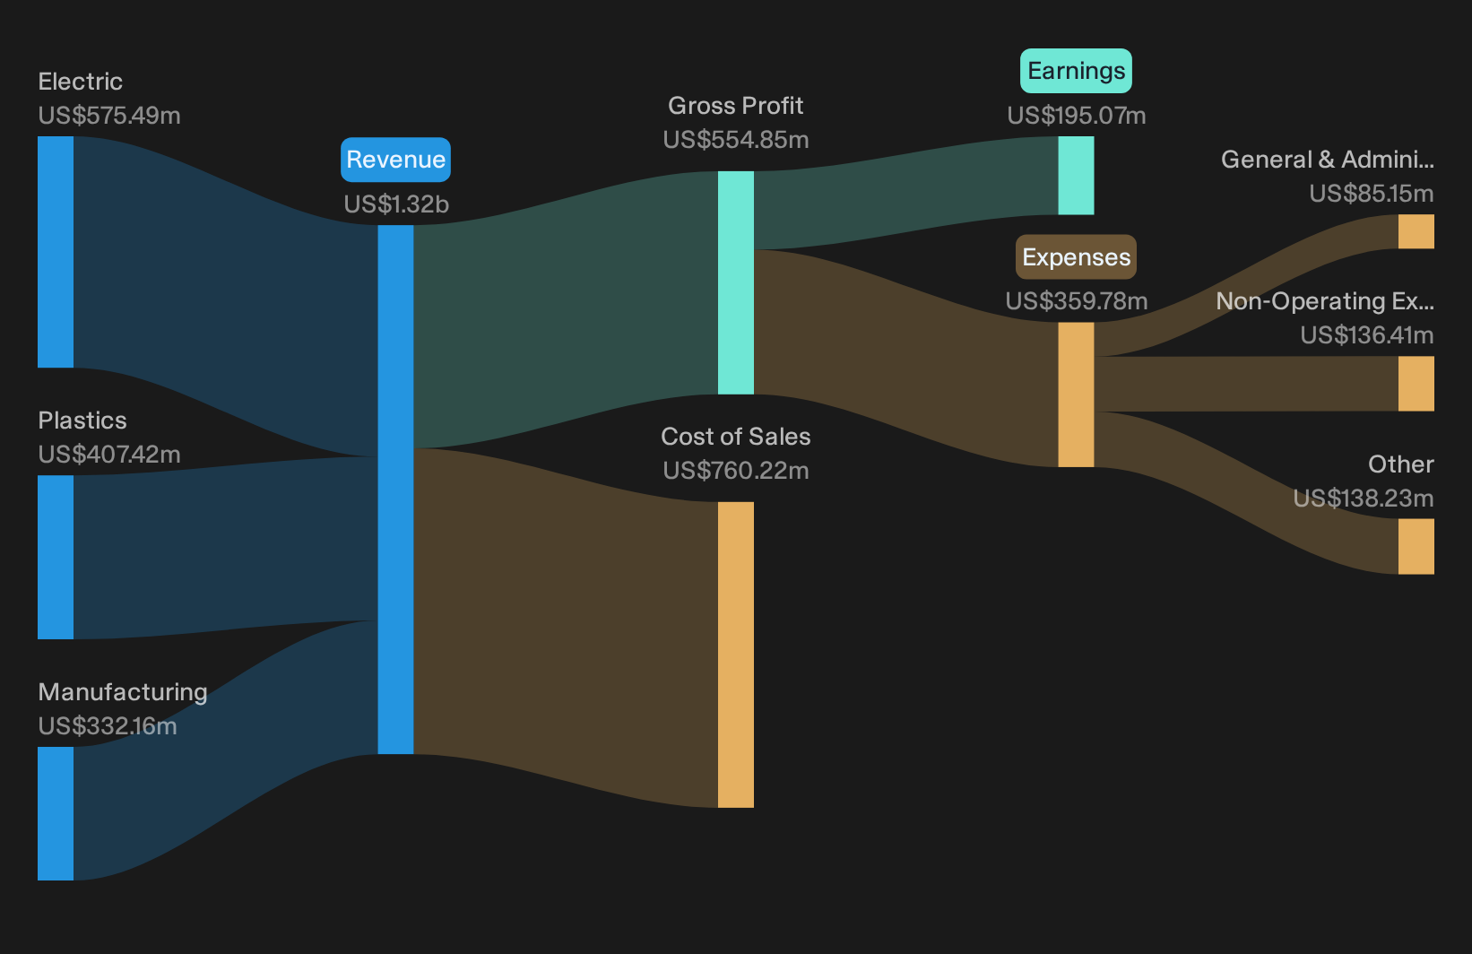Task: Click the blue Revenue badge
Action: pyautogui.click(x=395, y=160)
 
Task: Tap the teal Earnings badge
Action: pyautogui.click(x=1076, y=71)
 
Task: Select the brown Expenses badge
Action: pyautogui.click(x=1076, y=257)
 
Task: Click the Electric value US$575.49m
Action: pyautogui.click(x=109, y=116)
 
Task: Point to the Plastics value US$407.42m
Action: pyautogui.click(x=109, y=455)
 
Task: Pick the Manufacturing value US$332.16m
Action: pyautogui.click(x=108, y=726)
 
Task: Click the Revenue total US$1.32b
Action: pyautogui.click(x=396, y=204)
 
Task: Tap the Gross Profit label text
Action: pyautogui.click(x=735, y=106)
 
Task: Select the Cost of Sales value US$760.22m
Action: pyautogui.click(x=735, y=471)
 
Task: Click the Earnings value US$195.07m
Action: pyautogui.click(x=1077, y=116)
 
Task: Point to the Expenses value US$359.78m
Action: pyautogui.click(x=1077, y=301)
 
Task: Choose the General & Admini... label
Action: pyautogui.click(x=1328, y=160)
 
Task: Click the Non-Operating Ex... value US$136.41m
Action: pyautogui.click(x=1367, y=335)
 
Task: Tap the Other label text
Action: pyautogui.click(x=1401, y=464)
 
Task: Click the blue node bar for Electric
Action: pyautogui.click(x=56, y=252)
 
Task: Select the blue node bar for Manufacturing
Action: pyautogui.click(x=56, y=813)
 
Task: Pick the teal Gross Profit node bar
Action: pyautogui.click(x=735, y=282)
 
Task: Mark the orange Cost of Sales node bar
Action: pyautogui.click(x=735, y=655)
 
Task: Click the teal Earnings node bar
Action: pyautogui.click(x=1076, y=176)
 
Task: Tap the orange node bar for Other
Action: pyautogui.click(x=1416, y=546)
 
